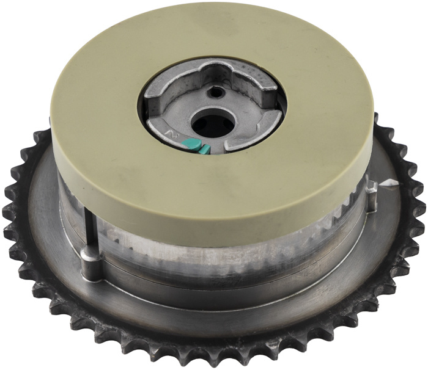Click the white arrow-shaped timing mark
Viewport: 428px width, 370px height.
(387, 183)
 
